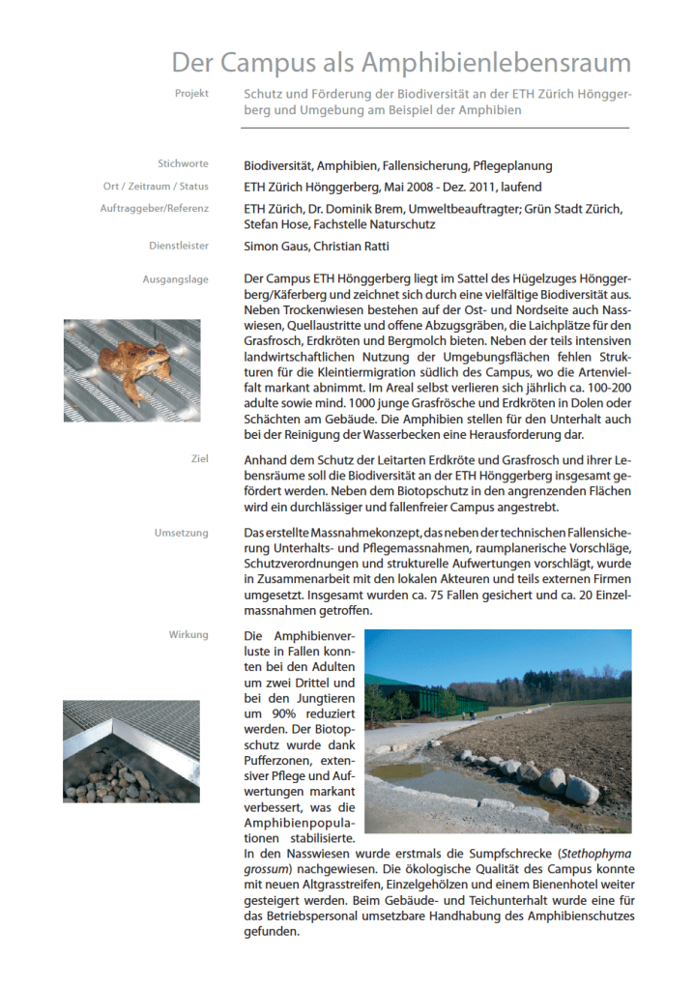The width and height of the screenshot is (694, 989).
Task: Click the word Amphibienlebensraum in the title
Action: coord(496,64)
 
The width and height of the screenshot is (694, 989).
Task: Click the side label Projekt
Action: coord(191,94)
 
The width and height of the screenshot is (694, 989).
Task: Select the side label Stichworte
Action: coord(183,164)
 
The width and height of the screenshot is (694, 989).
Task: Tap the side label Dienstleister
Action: coord(181,246)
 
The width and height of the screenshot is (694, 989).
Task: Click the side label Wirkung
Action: coord(188,634)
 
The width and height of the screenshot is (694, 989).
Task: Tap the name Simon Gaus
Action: coord(275,247)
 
